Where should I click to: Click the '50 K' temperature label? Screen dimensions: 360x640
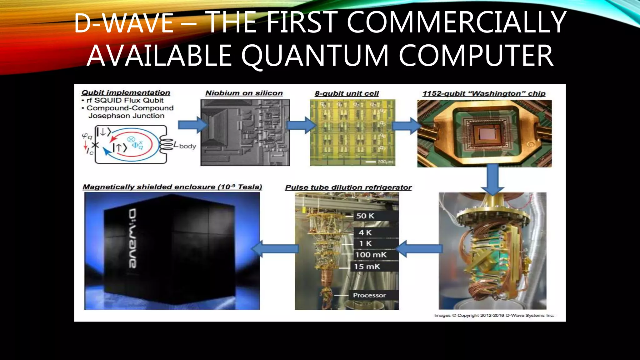click(365, 216)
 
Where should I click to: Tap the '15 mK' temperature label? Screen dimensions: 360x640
click(367, 267)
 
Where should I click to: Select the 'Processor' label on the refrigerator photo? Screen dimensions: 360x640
click(369, 295)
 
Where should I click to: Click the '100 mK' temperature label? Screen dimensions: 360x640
click(371, 255)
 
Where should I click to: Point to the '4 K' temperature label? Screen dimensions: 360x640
click(365, 232)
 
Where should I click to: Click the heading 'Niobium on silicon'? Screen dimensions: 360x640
click(244, 93)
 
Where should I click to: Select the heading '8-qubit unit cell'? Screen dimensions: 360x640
click(347, 93)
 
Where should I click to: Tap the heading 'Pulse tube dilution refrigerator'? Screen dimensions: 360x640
click(348, 187)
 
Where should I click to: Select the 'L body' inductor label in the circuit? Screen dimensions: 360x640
click(185, 146)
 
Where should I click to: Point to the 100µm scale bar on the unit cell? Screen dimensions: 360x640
click(371, 162)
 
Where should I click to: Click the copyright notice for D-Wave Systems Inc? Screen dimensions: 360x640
click(494, 315)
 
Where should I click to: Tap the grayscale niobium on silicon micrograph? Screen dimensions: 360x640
click(245, 133)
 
